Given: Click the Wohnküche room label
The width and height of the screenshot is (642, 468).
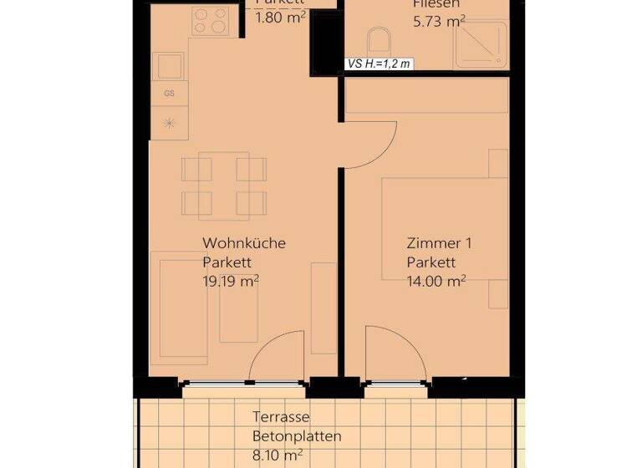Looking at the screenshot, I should [x=244, y=243].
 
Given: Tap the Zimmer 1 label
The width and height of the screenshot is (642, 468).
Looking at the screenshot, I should [x=440, y=244].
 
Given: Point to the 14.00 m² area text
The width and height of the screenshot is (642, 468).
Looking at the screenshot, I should [x=436, y=281].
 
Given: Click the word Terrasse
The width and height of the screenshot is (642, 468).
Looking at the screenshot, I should [x=282, y=417].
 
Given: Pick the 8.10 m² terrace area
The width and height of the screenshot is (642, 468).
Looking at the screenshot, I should [x=278, y=455].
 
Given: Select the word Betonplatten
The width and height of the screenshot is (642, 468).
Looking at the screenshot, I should [x=297, y=435].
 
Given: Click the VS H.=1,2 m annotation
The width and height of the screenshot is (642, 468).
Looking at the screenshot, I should [x=379, y=64].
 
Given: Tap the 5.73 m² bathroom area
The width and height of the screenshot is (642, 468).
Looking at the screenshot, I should [x=439, y=21].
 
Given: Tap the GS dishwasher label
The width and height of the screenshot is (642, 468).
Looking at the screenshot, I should [x=170, y=93].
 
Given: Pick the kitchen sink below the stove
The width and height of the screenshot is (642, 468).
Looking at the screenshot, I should [x=170, y=64].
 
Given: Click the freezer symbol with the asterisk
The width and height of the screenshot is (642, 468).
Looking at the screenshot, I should [x=170, y=123].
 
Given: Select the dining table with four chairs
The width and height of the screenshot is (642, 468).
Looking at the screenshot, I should [x=224, y=185].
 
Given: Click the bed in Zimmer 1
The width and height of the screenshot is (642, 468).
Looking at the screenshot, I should [x=445, y=229].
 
